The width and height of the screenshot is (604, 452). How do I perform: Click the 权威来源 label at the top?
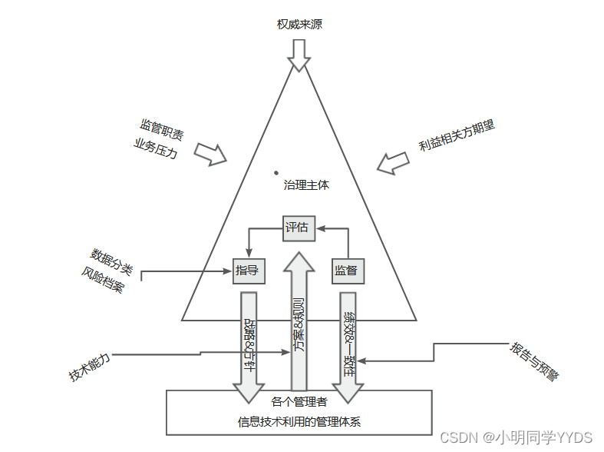pyautogui.click(x=299, y=24)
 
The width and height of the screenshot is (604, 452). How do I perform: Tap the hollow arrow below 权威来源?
pyautogui.click(x=299, y=55)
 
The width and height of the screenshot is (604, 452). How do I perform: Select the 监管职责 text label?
pyautogui.click(x=161, y=129)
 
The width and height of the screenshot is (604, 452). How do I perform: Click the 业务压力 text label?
pyautogui.click(x=156, y=148)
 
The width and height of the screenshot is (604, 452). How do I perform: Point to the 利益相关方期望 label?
pyautogui.click(x=457, y=135)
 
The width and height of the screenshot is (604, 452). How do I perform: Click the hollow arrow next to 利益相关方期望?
pyautogui.click(x=393, y=161)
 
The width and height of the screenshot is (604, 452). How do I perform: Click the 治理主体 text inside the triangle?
pyautogui.click(x=306, y=185)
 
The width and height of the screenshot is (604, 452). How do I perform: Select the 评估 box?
pyautogui.click(x=297, y=227)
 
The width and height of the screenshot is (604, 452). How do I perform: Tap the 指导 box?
pyautogui.click(x=247, y=270)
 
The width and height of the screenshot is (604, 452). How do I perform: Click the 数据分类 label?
pyautogui.click(x=112, y=258)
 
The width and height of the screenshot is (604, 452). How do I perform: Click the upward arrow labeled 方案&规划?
pyautogui.click(x=298, y=323)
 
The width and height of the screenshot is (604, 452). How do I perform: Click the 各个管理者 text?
pyautogui.click(x=299, y=401)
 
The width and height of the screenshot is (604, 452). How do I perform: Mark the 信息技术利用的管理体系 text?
pyautogui.click(x=299, y=421)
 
